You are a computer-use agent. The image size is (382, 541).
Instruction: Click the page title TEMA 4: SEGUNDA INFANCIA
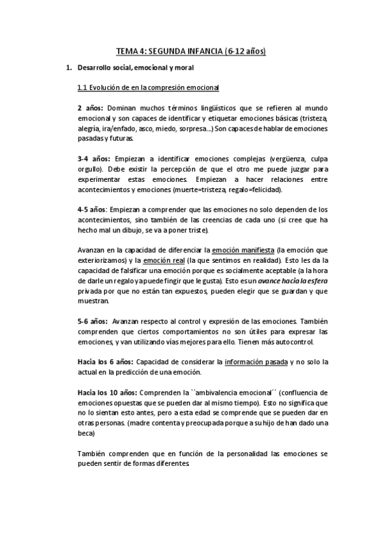191,50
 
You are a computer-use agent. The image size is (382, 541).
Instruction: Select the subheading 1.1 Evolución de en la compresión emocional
148,87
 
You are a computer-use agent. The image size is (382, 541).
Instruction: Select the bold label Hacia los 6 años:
105,361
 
